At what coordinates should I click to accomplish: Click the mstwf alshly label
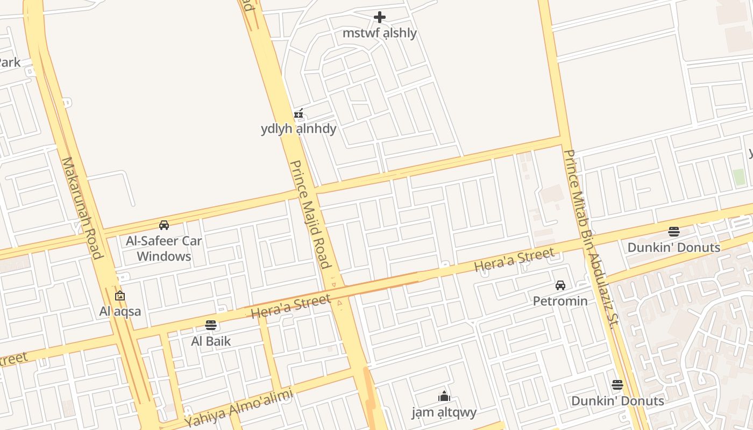point(380,33)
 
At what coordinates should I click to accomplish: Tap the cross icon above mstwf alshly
point(380,18)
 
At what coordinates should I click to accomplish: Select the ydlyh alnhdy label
point(299,129)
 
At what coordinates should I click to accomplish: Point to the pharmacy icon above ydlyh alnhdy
point(299,114)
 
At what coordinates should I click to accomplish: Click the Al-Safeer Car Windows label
point(164,248)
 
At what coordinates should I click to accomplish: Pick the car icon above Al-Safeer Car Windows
point(164,225)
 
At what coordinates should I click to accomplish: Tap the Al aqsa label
point(120,311)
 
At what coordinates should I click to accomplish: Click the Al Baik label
point(211,341)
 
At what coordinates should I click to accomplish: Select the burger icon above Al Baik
point(211,325)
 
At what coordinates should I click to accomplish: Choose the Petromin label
point(560,301)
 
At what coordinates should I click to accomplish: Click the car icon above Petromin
point(560,285)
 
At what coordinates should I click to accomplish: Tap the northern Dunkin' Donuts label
point(674,248)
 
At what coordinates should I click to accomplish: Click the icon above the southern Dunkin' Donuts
point(617,385)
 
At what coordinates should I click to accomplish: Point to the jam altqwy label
point(444,413)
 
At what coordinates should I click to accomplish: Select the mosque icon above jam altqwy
point(444,397)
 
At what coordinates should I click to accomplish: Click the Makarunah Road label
point(82,207)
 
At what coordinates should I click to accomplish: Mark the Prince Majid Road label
point(310,214)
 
